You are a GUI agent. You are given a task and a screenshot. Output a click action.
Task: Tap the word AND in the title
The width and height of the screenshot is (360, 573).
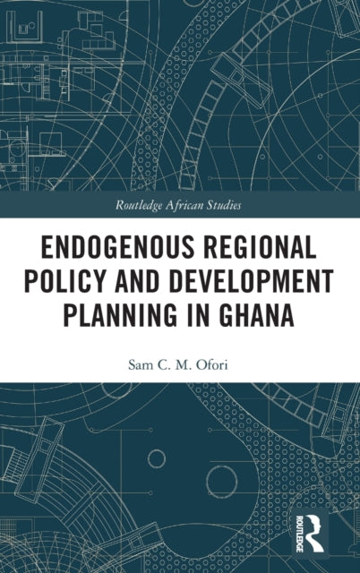click(148, 280)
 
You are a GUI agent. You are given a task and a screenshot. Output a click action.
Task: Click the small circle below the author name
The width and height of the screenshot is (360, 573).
click(157, 459)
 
